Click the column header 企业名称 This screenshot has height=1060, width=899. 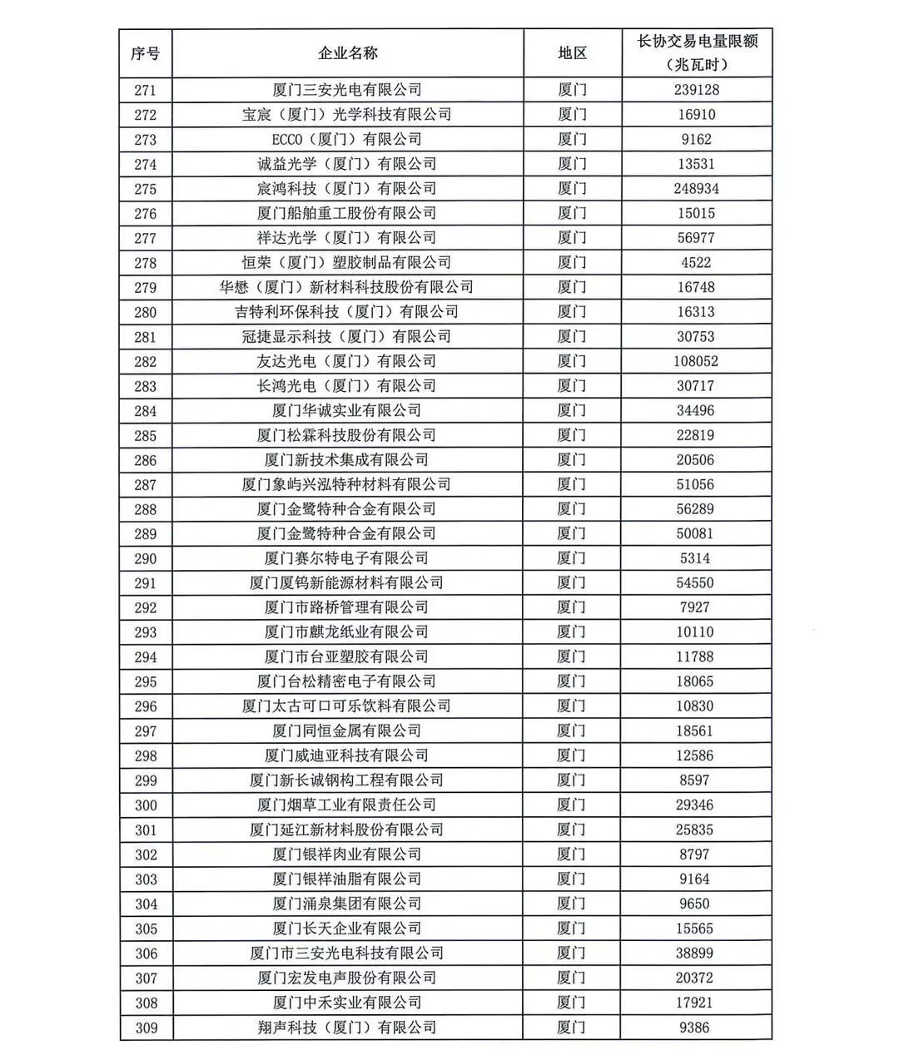tap(348, 53)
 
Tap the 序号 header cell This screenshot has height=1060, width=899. tap(146, 53)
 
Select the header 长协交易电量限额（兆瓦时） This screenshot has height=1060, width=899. tap(697, 52)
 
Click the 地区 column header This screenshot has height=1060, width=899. tap(572, 53)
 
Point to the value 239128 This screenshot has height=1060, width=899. tap(697, 90)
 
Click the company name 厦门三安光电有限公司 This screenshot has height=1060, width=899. tap(348, 90)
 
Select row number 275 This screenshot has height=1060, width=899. tap(146, 189)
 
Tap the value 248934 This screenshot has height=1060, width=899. tap(697, 189)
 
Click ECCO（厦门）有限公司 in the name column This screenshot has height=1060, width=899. tap(348, 139)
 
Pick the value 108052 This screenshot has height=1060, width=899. tap(697, 361)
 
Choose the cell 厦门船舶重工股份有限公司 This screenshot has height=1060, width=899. tap(348, 213)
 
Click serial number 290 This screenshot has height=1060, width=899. tap(146, 558)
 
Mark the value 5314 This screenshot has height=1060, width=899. tap(697, 558)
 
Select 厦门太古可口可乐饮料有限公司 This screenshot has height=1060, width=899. tap(348, 706)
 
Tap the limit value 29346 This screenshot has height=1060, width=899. tap(697, 805)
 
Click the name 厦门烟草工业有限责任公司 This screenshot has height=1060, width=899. tap(348, 805)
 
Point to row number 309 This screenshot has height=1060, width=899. tap(146, 1028)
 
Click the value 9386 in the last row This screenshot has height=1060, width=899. tap(697, 1028)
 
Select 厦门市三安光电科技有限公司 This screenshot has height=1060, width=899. tap(348, 953)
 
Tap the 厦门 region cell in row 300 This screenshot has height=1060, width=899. tap(572, 805)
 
